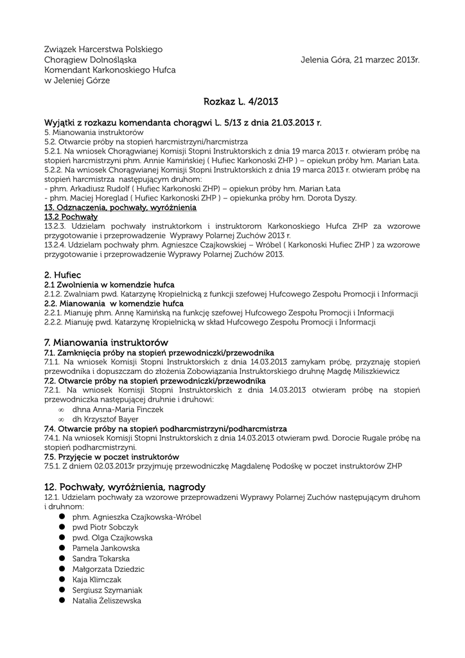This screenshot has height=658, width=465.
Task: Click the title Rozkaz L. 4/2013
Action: [241, 102]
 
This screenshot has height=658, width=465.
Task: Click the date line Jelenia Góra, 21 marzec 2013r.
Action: [360, 60]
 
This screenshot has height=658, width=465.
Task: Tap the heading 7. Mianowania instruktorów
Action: [106, 342]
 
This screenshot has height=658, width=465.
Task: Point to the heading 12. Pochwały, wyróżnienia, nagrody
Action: [125, 486]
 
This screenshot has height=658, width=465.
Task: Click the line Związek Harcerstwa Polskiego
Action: [103, 49]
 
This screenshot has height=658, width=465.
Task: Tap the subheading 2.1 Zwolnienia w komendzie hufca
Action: [109, 284]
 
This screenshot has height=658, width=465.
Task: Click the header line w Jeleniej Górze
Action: [77, 80]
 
